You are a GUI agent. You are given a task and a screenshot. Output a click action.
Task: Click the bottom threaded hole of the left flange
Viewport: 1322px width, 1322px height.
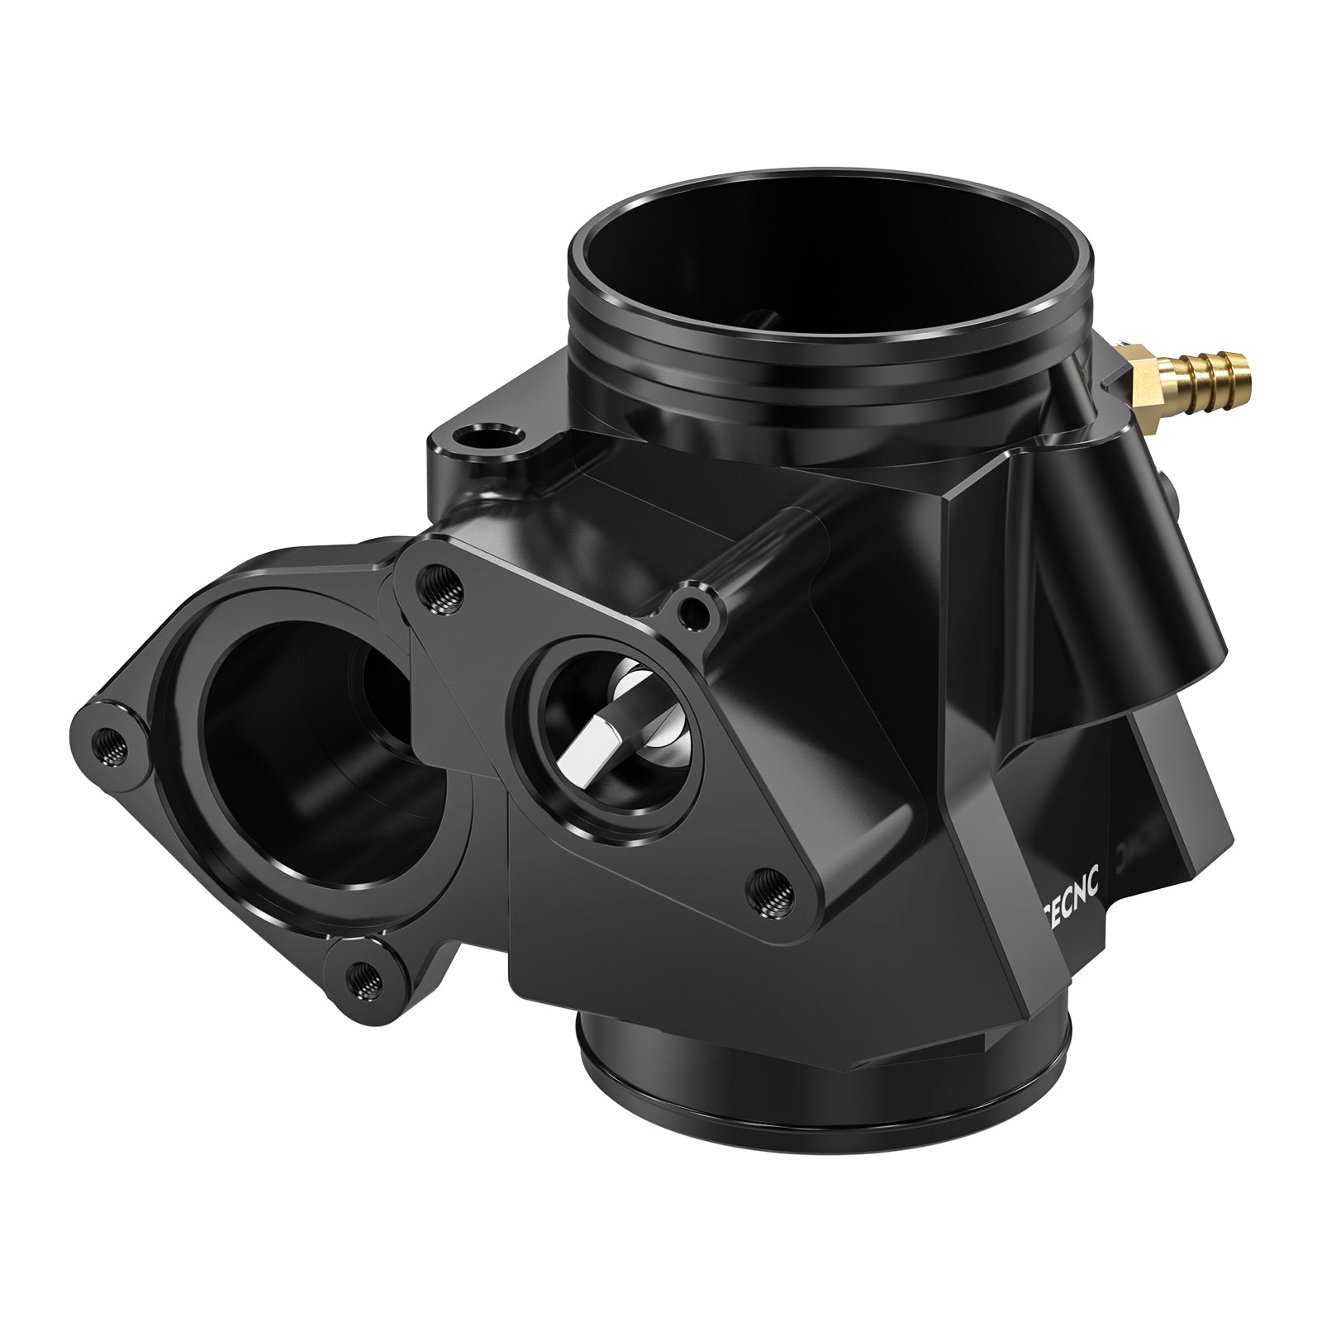click(x=364, y=981)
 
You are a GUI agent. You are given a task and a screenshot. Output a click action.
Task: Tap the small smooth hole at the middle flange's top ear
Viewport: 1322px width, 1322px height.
click(x=692, y=610)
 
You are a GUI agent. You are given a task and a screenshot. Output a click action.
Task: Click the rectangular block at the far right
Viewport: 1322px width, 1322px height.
click(x=1190, y=793)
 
